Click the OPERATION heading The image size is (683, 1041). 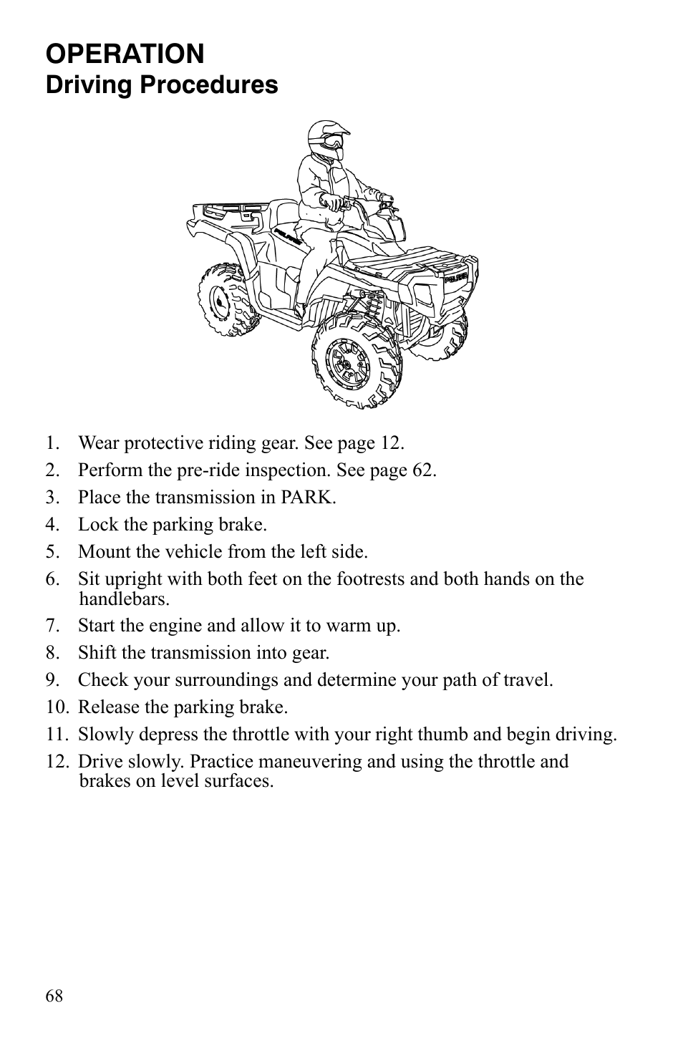coord(125,54)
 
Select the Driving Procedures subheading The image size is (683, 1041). coord(162,84)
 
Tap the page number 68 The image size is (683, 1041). coord(54,996)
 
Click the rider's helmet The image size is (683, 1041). coord(327,139)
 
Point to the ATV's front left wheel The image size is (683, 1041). coord(356,361)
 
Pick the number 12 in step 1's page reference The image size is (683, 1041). coord(389,443)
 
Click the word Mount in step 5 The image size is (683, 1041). coord(101,552)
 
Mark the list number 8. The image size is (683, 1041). coord(52,653)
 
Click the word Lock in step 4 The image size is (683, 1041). coord(95,525)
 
